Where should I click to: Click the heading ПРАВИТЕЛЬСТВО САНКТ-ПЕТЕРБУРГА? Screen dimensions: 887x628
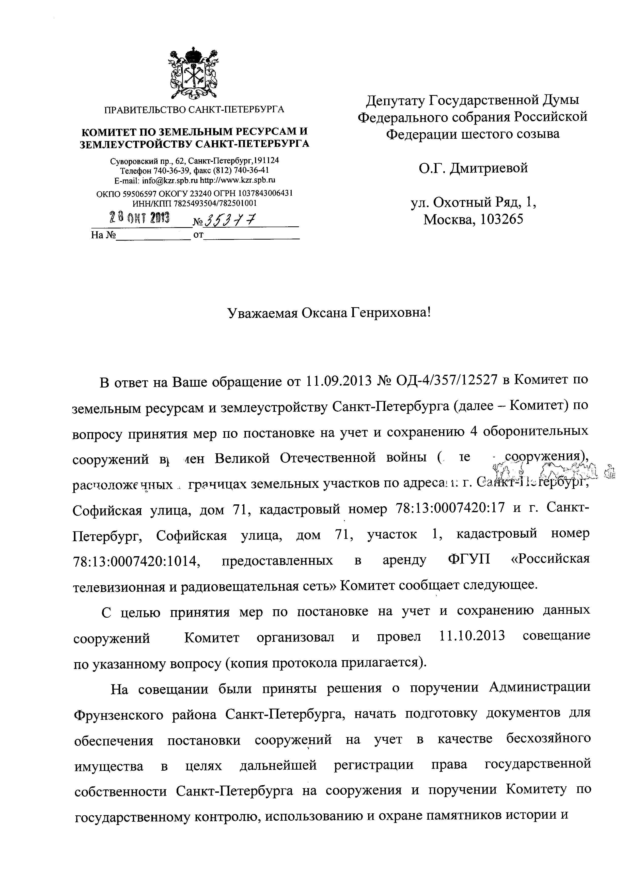coord(194,110)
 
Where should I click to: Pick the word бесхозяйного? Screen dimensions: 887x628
coord(548,738)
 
